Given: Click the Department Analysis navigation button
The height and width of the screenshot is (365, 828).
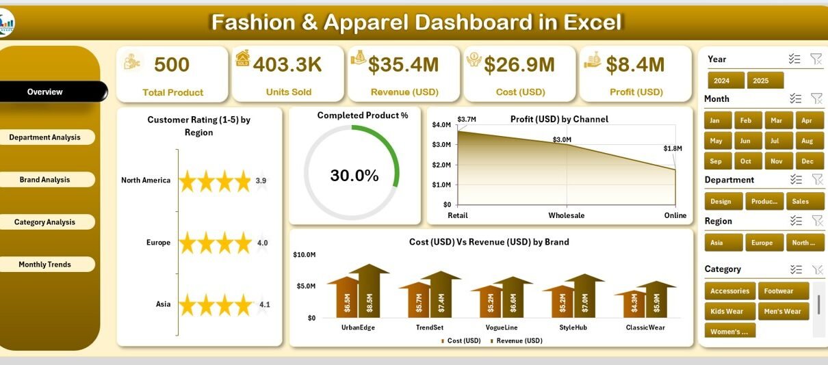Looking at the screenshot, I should [45, 137].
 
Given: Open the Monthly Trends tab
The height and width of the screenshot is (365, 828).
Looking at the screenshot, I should [45, 265].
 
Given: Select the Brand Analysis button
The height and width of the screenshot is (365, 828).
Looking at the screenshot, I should [45, 180].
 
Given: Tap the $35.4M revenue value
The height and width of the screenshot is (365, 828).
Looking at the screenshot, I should [403, 65].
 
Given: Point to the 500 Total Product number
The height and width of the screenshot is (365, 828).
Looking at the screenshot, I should [172, 65].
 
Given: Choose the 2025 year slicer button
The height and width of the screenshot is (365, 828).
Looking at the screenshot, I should [760, 81].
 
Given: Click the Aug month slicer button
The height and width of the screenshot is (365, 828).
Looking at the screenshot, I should [807, 141].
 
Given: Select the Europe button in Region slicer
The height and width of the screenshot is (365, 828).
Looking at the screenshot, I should [762, 243].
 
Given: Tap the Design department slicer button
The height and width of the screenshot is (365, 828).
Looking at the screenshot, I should [721, 202].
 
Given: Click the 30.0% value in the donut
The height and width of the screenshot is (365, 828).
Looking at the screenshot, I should [354, 176].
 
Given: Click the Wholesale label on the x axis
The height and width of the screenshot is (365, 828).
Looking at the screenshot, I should [567, 215].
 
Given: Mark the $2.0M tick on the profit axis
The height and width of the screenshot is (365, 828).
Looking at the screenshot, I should [442, 165].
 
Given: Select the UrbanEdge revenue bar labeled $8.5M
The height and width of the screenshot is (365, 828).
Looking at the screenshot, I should [370, 293].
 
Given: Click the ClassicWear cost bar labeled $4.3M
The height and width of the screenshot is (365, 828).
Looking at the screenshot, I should [634, 303].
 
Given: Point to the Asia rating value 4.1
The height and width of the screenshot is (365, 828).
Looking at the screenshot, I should [264, 304].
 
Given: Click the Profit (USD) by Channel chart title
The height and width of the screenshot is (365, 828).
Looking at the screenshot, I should [559, 119].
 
